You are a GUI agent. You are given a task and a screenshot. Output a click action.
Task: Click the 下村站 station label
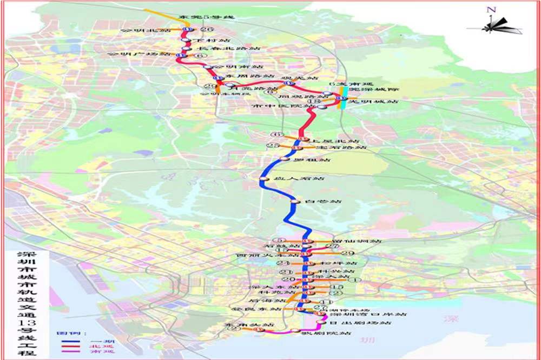[204, 40]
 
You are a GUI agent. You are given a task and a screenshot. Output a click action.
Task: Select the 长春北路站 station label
[224, 48]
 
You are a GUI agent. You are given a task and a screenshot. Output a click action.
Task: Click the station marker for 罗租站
[285, 159]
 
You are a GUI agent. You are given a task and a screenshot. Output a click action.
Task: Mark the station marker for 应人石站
[262, 178]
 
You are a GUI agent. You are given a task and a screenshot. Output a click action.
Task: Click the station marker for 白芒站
[295, 201]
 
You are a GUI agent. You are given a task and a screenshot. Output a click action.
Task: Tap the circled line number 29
[347, 254]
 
